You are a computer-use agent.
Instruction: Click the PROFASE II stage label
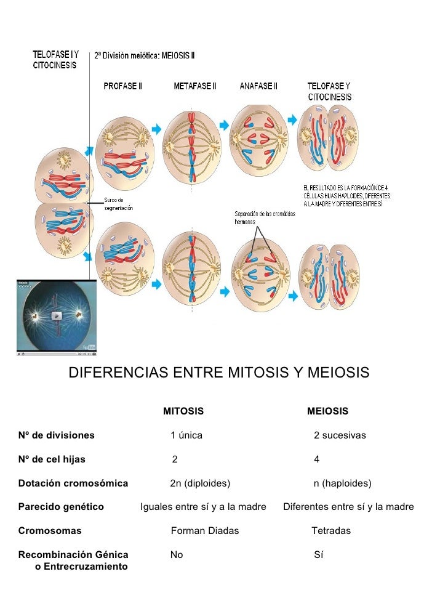[122, 86]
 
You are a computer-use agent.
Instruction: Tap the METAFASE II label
[194, 86]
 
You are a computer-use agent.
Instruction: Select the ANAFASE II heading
[258, 86]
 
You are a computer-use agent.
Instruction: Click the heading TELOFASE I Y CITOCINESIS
[55, 60]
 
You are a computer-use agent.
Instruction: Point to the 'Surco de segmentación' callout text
[118, 204]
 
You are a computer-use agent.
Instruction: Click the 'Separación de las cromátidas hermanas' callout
[265, 217]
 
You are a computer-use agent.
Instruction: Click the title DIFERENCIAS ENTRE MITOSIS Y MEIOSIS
[218, 373]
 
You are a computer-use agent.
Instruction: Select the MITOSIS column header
[183, 411]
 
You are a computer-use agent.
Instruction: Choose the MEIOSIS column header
[327, 411]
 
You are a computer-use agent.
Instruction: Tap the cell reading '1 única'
[186, 435]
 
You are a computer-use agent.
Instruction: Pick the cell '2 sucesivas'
[340, 435]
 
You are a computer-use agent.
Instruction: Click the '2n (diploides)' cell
[200, 483]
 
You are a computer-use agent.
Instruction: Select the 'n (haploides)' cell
[342, 483]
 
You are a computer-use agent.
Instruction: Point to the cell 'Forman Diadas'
[204, 530]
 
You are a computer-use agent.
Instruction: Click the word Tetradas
[331, 530]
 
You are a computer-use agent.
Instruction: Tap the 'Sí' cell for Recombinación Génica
[319, 554]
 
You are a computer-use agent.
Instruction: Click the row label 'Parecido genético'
[61, 507]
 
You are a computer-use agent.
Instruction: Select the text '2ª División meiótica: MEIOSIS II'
[145, 55]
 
